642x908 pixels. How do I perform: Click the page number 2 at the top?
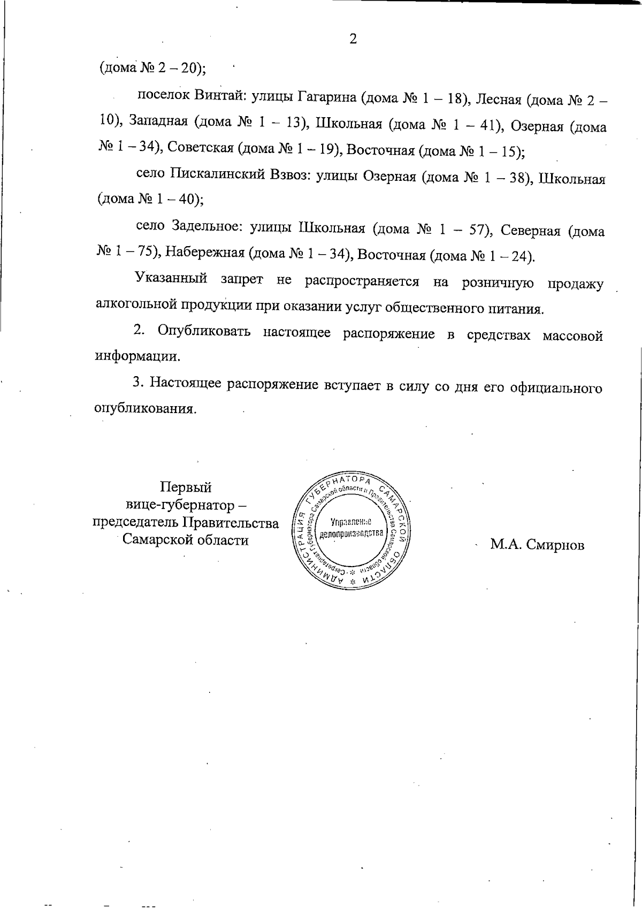(x=353, y=39)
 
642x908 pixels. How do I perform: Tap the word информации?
(x=137, y=356)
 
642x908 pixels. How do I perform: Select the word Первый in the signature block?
(x=186, y=487)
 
